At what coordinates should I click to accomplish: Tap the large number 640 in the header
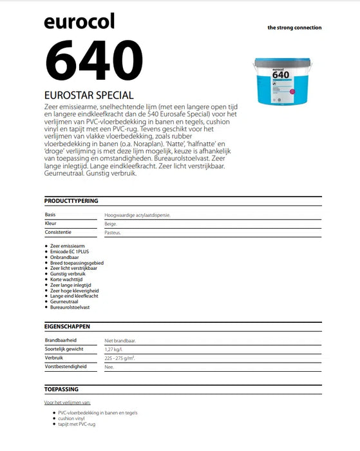click(93, 59)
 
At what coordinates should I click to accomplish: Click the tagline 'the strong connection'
click(294, 28)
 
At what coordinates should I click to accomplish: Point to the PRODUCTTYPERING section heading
click(71, 201)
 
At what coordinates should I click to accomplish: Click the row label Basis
click(50, 215)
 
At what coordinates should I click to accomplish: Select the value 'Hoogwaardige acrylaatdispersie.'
click(137, 215)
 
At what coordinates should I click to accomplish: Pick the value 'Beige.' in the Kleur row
click(111, 224)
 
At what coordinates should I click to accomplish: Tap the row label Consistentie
click(58, 232)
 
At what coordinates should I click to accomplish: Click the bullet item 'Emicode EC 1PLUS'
click(70, 252)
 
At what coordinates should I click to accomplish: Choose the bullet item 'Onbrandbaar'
click(64, 257)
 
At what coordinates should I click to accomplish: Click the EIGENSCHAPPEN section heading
click(67, 327)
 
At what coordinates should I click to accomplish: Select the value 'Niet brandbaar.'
click(120, 340)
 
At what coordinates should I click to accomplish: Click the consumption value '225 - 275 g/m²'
click(119, 358)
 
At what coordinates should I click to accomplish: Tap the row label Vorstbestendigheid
click(66, 366)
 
